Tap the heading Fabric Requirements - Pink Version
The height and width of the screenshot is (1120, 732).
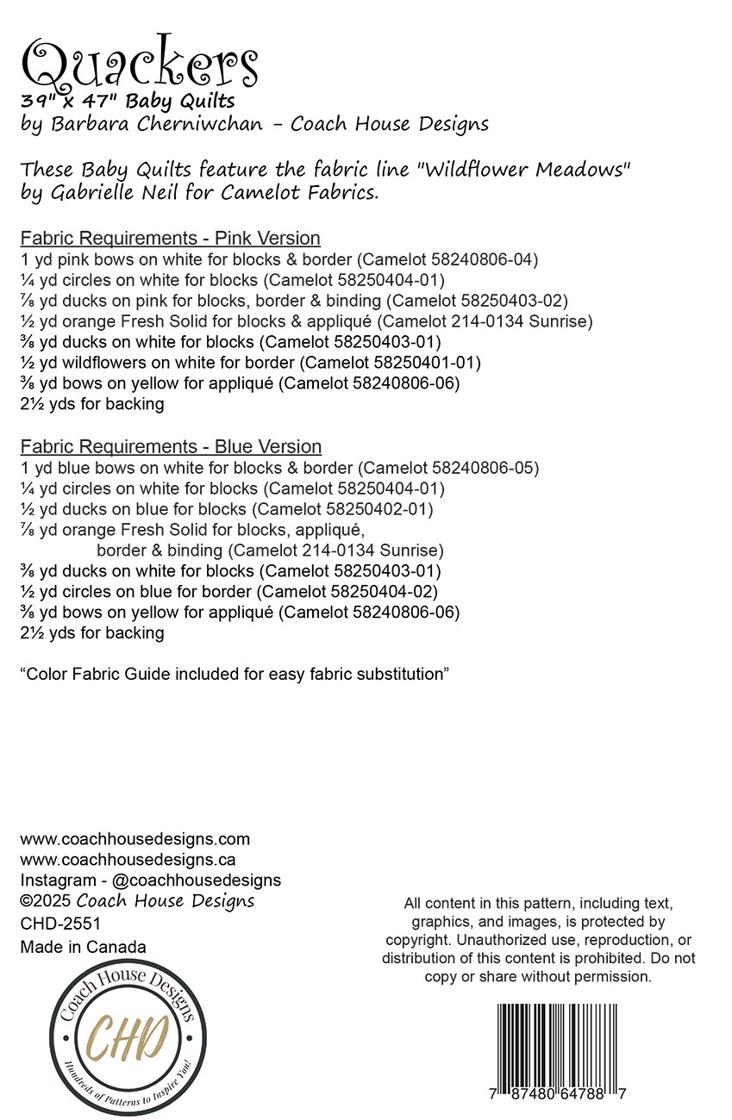pyautogui.click(x=170, y=238)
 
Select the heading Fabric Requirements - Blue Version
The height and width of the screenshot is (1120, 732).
pyautogui.click(x=171, y=446)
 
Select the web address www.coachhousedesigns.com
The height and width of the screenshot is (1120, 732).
pyautogui.click(x=135, y=838)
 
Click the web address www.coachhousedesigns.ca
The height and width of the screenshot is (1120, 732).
pyautogui.click(x=128, y=859)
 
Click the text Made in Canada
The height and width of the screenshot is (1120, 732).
pyautogui.click(x=83, y=947)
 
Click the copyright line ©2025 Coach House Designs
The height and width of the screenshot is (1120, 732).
pyautogui.click(x=137, y=901)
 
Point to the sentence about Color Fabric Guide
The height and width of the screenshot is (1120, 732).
pyautogui.click(x=235, y=674)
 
